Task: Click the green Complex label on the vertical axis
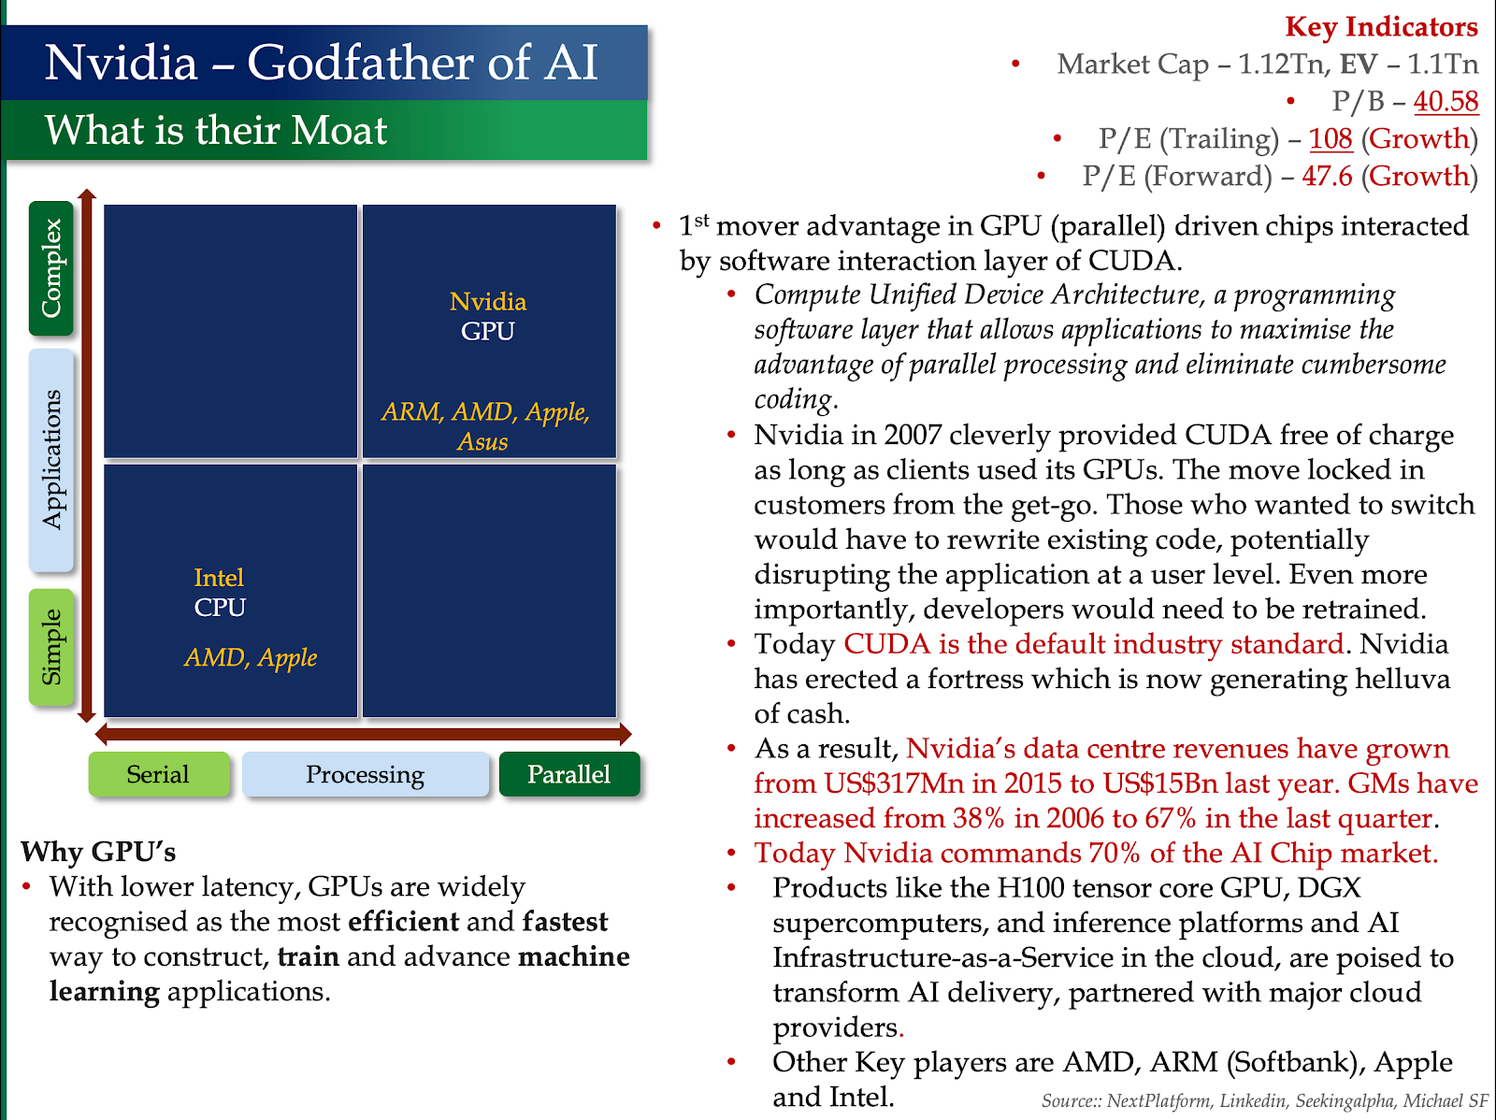51,268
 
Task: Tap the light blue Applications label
51,459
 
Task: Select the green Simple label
51,647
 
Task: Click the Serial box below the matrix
158,774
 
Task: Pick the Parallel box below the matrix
568,774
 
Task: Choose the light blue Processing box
365,774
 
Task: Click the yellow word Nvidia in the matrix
488,302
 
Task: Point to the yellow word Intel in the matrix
219,578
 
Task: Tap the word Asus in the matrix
482,441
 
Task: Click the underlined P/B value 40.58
1446,101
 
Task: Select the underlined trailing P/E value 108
1331,138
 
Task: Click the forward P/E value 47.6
1327,176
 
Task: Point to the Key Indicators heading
1381,27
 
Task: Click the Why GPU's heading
98,852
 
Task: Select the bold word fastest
565,922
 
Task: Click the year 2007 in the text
912,436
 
